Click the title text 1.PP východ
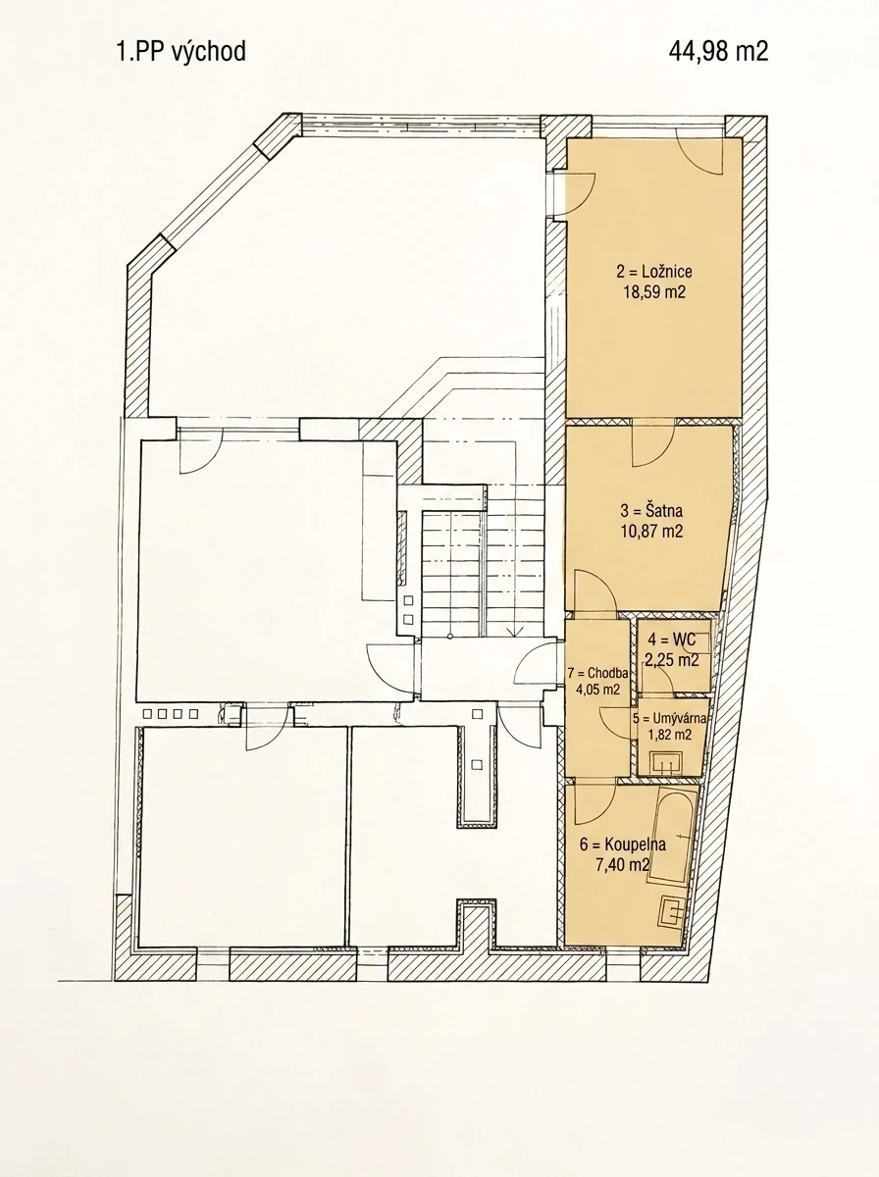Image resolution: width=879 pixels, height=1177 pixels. pos(181,53)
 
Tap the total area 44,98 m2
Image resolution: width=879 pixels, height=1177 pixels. pos(718,52)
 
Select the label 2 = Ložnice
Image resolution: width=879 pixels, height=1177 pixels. pos(653,272)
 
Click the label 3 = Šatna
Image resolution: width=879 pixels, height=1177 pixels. pos(651,510)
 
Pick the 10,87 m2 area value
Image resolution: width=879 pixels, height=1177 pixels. pos(651,532)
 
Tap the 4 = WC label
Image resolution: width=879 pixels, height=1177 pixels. pos(672,640)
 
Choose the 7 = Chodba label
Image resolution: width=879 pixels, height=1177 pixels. pos(597,673)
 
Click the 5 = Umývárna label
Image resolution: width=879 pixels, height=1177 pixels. pos(669,719)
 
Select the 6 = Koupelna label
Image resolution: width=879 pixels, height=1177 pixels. pos(623,844)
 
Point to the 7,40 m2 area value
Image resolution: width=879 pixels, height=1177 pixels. pos(623,865)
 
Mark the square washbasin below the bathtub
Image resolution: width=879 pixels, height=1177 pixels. pos(673,912)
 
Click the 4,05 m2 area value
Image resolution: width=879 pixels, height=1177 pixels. pos(597,690)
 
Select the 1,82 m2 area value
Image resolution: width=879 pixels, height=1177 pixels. pos(669,736)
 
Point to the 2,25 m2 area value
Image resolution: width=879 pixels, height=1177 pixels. pos(671,661)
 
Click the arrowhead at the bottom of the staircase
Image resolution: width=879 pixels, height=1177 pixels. pos(514,632)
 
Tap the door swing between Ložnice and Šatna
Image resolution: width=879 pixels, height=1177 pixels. pos(653,444)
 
